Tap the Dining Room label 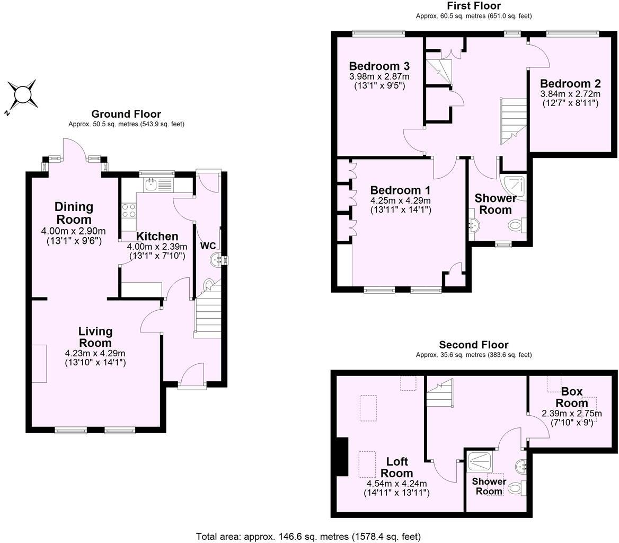74,213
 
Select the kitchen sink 152,185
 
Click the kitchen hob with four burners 129,211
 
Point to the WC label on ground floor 208,246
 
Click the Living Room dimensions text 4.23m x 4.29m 95,353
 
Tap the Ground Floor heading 126,114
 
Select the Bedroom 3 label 379,66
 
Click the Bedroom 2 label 570,84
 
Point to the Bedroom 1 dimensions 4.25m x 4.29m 400,200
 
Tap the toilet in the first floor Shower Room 516,225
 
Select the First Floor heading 473,6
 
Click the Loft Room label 396,467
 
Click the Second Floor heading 473,345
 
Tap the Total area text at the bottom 308,536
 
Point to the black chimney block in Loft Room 341,457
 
